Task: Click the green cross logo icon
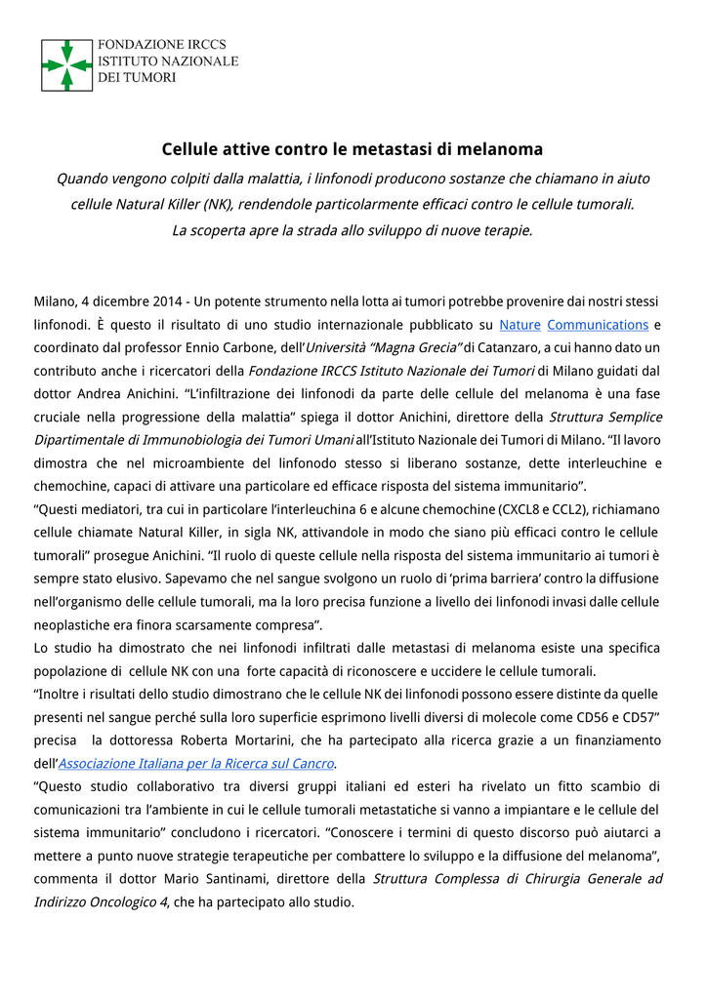[x=66, y=65]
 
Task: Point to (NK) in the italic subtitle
[x=218, y=204]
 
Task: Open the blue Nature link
[x=519, y=324]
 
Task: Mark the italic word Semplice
[x=628, y=417]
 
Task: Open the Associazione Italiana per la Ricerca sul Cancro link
[x=196, y=763]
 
